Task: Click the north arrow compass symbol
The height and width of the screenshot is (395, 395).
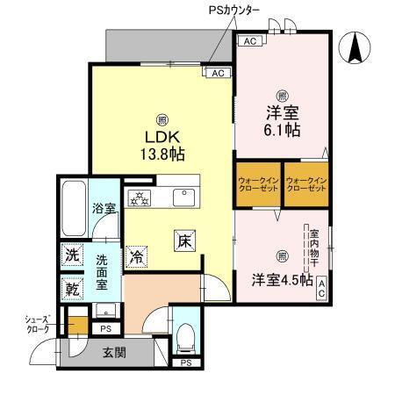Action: pyautogui.click(x=356, y=47)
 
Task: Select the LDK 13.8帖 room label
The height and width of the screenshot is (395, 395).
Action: pyautogui.click(x=163, y=145)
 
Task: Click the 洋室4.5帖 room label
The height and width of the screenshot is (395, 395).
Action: pyautogui.click(x=280, y=280)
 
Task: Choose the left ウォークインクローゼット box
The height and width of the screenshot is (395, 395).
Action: pyautogui.click(x=257, y=186)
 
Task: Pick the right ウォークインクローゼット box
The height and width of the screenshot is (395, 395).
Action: pyautogui.click(x=305, y=186)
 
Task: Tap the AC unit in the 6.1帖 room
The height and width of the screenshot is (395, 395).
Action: pyautogui.click(x=249, y=41)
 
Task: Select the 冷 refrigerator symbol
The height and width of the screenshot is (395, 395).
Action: pyautogui.click(x=137, y=257)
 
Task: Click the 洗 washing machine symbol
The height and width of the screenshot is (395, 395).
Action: pyautogui.click(x=72, y=255)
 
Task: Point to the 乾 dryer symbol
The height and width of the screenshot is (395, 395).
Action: pyautogui.click(x=72, y=286)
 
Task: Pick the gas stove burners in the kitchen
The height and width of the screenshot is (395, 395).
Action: pyautogui.click(x=140, y=196)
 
